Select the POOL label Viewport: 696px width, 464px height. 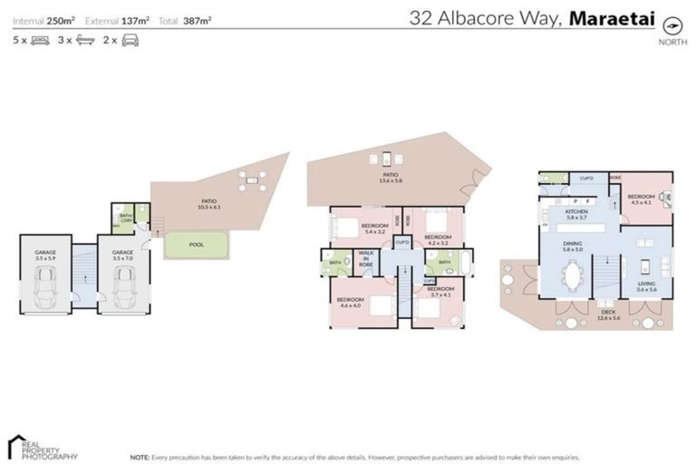(197, 245)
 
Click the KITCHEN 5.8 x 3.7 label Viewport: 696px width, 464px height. (577, 214)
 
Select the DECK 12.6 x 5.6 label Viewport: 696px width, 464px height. (607, 315)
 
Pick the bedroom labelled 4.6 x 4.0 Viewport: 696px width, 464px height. (349, 303)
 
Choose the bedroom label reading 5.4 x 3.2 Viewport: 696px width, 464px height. (374, 228)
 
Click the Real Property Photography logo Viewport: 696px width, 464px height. (41, 445)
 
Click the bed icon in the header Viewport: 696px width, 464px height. (40, 41)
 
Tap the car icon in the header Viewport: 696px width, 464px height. (130, 41)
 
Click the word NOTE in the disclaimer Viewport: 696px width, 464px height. (140, 458)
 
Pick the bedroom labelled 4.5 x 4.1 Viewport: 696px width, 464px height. (642, 199)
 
